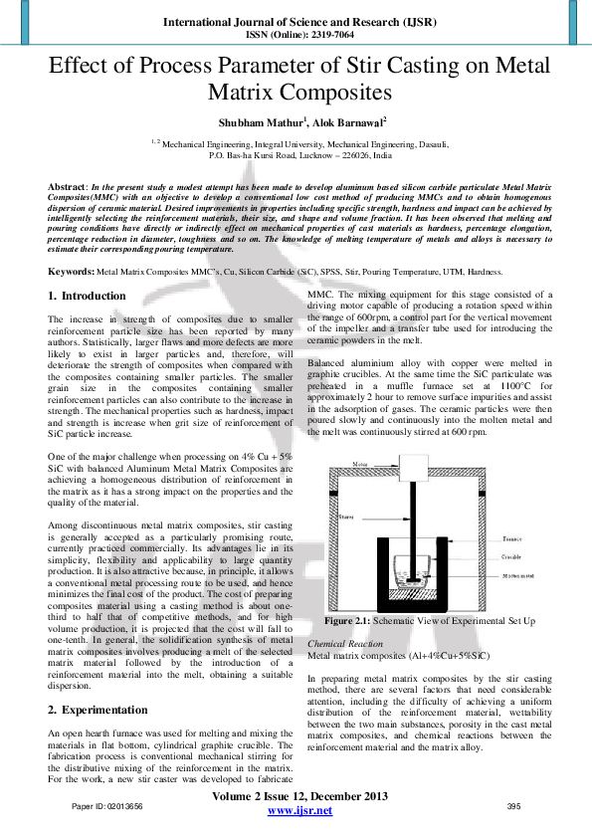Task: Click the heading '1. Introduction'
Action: [88, 296]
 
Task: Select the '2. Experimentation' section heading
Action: [98, 711]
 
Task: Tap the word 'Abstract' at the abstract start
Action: [69, 187]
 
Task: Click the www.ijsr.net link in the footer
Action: [299, 812]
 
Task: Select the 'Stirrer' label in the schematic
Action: [346, 517]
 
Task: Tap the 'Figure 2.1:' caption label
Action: [348, 620]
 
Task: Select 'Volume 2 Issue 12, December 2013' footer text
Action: [299, 796]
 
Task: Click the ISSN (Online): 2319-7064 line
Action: [296, 31]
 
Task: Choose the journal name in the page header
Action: [296, 19]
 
